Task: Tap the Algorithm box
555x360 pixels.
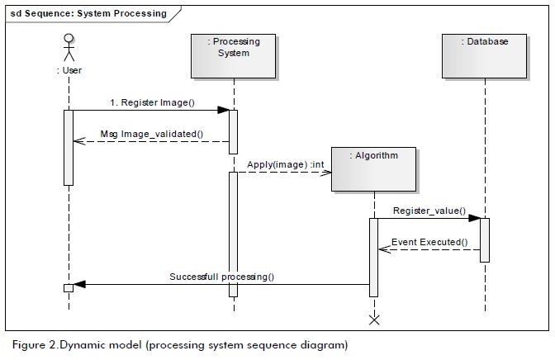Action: click(372, 168)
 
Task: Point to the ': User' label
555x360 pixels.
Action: click(69, 70)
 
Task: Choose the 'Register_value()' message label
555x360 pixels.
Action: click(429, 211)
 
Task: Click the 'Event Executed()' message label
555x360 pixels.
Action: click(429, 242)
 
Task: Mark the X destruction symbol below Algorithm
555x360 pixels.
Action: click(373, 320)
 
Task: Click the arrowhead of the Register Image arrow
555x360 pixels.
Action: click(223, 110)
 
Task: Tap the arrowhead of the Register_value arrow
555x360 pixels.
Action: click(475, 219)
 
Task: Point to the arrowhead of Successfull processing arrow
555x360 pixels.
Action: click(79, 286)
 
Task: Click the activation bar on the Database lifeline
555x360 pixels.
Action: click(485, 240)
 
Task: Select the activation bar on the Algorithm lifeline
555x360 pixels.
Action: click(373, 257)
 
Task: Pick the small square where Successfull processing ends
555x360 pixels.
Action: click(69, 287)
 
